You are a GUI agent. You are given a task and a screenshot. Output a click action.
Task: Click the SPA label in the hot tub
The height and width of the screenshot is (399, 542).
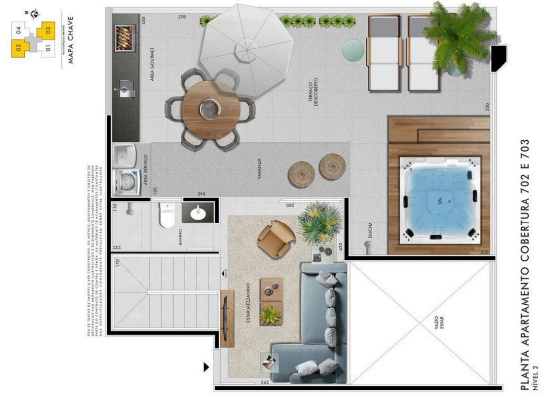coord(435,201)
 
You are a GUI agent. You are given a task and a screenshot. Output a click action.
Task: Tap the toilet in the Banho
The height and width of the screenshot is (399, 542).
coord(166,215)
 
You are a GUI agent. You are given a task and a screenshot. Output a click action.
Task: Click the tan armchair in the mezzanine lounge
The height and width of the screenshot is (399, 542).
coord(275,239)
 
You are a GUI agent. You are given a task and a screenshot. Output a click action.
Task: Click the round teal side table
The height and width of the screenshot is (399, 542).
coord(353,49)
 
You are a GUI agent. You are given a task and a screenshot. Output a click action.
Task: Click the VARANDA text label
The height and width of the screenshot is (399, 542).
coord(260,169)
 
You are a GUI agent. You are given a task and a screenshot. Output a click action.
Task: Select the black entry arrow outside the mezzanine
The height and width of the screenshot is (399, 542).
coord(206,368)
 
